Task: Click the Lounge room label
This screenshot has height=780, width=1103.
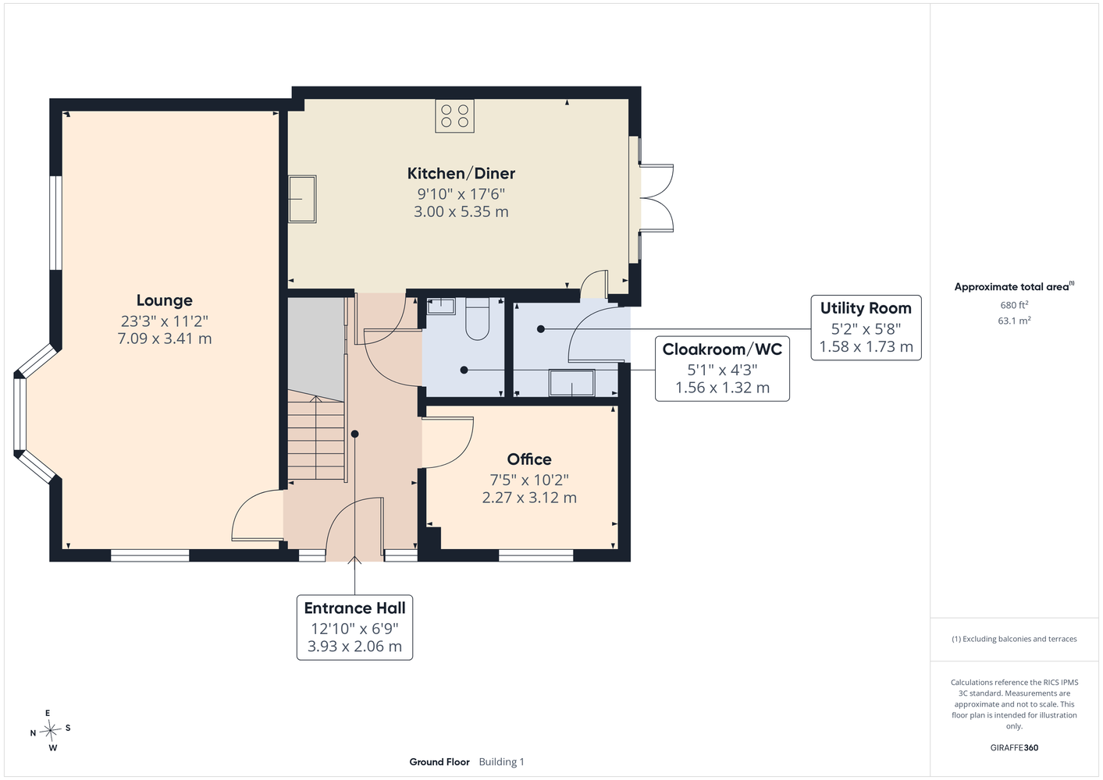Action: point(165,300)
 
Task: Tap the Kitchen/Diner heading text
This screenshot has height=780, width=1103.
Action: point(461,173)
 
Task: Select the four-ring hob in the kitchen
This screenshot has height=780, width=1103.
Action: point(454,116)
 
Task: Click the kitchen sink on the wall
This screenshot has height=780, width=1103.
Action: point(302,200)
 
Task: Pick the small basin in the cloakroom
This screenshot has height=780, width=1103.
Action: point(440,306)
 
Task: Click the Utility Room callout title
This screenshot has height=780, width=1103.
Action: point(866,309)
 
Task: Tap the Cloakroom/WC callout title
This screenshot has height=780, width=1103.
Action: point(722,349)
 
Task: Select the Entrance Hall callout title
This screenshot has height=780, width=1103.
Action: point(354,608)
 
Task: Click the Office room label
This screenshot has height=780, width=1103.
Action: point(529,459)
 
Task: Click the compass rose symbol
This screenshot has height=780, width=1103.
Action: point(50,730)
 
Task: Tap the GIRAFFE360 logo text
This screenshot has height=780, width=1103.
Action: point(1014,747)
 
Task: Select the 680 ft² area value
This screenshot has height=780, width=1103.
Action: point(1014,305)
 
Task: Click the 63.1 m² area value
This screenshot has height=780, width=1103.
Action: point(1014,321)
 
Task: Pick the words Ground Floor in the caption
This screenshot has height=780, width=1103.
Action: point(439,762)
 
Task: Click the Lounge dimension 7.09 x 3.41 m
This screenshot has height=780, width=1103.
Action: point(165,339)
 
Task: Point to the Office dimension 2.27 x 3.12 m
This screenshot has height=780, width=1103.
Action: point(529,498)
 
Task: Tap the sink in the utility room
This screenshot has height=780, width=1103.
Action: point(571,382)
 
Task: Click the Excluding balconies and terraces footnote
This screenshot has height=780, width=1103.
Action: point(1014,639)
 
